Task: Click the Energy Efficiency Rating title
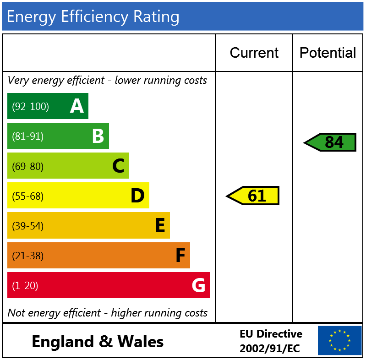click(x=93, y=16)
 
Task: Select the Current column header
click(x=254, y=53)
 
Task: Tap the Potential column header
click(x=328, y=53)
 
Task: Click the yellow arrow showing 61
click(x=253, y=196)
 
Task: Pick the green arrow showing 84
click(x=331, y=142)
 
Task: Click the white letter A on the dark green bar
click(x=76, y=106)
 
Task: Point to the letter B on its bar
click(x=98, y=136)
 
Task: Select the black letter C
click(x=118, y=166)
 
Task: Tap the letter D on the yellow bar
click(x=137, y=196)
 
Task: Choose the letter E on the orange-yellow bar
click(x=160, y=226)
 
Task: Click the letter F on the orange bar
click(x=180, y=256)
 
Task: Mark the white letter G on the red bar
click(x=198, y=285)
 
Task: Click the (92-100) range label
click(x=30, y=107)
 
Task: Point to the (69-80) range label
click(x=27, y=166)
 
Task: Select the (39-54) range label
click(x=27, y=226)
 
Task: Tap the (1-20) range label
click(x=25, y=286)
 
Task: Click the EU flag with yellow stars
click(x=339, y=340)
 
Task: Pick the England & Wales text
click(x=98, y=341)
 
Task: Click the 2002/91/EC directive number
click(x=269, y=349)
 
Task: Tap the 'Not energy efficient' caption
click(x=108, y=313)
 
